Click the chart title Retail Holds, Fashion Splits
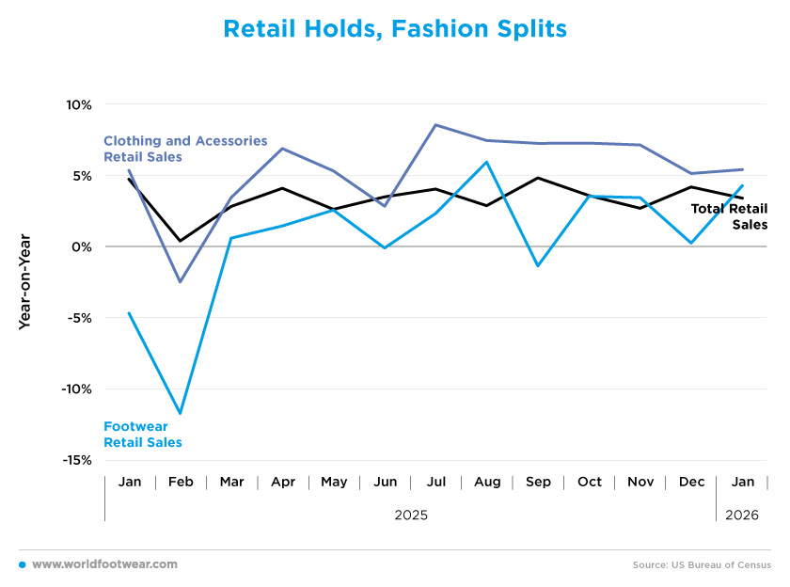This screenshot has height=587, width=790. (x=395, y=30)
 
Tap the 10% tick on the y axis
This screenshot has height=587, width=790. (x=78, y=104)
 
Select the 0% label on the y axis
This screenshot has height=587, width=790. (x=81, y=246)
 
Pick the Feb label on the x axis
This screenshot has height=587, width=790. (x=181, y=482)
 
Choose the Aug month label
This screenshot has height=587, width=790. (x=487, y=482)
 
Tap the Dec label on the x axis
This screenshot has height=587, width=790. (x=691, y=482)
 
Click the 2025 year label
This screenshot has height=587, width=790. (x=411, y=515)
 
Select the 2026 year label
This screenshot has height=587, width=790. (x=742, y=515)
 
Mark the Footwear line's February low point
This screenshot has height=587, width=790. (x=180, y=413)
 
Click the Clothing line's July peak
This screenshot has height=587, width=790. (x=435, y=125)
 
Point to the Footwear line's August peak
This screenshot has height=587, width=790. (x=487, y=162)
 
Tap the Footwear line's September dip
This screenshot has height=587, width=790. (x=538, y=266)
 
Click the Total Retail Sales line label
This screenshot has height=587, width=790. (x=730, y=216)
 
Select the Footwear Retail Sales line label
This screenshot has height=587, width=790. (x=143, y=434)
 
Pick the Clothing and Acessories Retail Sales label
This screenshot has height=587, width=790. (x=185, y=149)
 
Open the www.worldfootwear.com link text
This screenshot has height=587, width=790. (x=104, y=563)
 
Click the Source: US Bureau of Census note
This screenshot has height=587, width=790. (x=702, y=564)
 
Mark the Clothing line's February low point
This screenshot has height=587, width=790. (x=180, y=282)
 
